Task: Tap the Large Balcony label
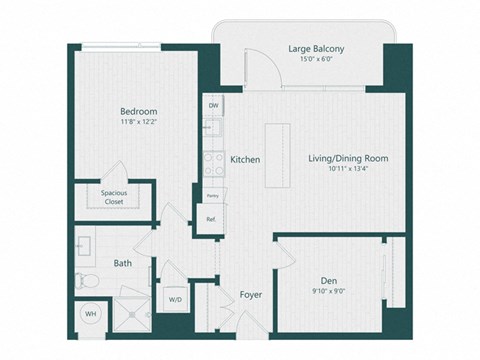(316, 47)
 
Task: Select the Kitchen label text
(245, 159)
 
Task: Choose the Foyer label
(250, 295)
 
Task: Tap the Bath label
(122, 263)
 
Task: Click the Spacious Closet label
(120, 197)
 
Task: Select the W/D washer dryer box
(174, 298)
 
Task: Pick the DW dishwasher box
(213, 105)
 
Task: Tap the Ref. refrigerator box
(211, 219)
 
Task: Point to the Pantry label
(211, 196)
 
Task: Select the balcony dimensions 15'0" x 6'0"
(316, 59)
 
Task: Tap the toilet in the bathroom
(88, 281)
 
